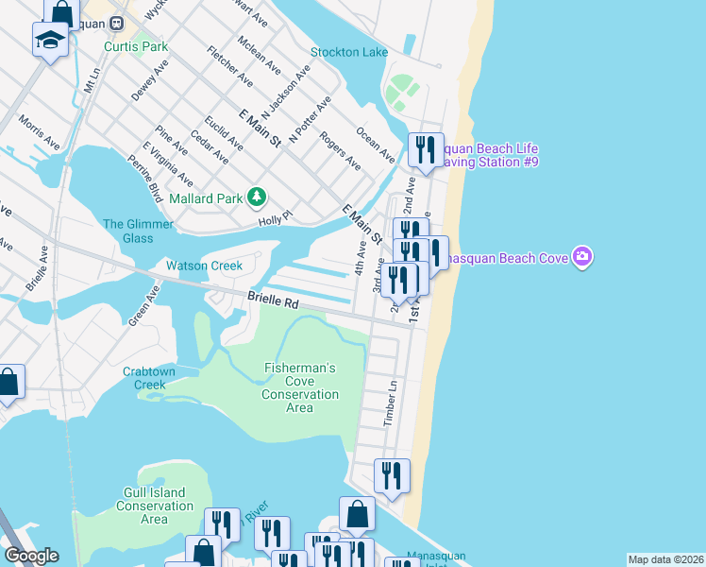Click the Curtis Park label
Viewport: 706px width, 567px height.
(x=136, y=45)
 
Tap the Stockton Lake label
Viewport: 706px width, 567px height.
(x=349, y=52)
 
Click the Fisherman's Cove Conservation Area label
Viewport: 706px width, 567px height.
(x=299, y=387)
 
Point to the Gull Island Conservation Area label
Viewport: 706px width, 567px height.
(x=154, y=506)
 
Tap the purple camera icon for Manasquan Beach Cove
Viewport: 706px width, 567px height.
(x=582, y=257)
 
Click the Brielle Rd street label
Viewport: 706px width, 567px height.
(x=273, y=298)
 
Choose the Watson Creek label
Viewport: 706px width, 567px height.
(x=205, y=266)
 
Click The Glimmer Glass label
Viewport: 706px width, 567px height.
(x=138, y=231)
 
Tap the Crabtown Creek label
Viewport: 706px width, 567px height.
(x=149, y=378)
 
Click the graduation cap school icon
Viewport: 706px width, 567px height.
(x=48, y=40)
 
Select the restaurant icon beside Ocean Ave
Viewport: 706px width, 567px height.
(x=425, y=150)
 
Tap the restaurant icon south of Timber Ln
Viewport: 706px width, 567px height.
(x=391, y=475)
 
